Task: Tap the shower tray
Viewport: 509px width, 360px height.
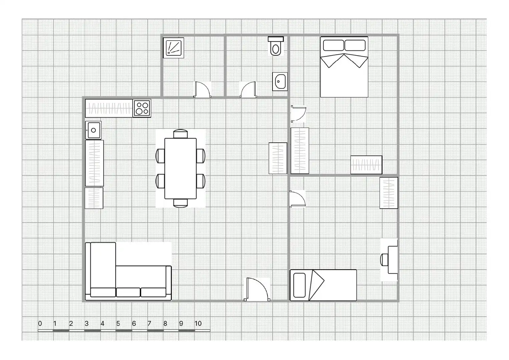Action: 173,48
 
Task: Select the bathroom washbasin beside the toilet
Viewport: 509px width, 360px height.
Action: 280,82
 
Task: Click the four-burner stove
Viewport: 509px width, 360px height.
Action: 142,108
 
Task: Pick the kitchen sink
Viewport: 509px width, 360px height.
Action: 93,130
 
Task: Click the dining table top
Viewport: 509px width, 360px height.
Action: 180,169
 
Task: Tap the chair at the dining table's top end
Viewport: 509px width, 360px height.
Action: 180,134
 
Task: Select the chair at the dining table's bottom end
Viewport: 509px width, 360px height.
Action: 180,203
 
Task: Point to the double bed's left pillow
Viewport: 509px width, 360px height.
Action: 333,45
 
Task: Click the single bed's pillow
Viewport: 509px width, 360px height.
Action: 299,285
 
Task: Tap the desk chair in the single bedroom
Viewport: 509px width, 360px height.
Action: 384,260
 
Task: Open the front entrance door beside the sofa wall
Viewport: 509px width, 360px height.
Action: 257,289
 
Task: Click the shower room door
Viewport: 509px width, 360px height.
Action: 202,89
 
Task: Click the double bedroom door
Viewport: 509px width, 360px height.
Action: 299,114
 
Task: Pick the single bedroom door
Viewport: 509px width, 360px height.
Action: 298,199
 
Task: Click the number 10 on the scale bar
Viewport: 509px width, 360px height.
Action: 198,323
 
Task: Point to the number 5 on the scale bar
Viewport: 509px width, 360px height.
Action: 118,323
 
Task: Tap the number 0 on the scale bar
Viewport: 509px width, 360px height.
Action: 40,323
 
